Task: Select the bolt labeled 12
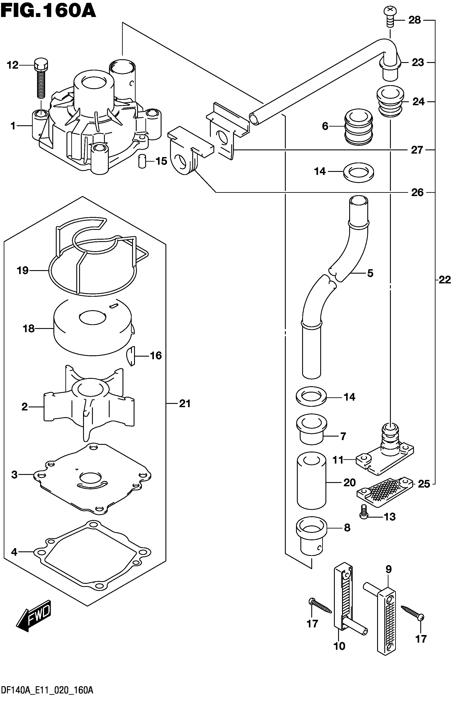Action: (41, 78)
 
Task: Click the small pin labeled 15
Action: (143, 161)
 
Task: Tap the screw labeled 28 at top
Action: (389, 17)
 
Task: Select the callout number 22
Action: (444, 280)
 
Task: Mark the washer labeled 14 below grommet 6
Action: (359, 172)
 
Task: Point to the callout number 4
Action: (14, 552)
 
